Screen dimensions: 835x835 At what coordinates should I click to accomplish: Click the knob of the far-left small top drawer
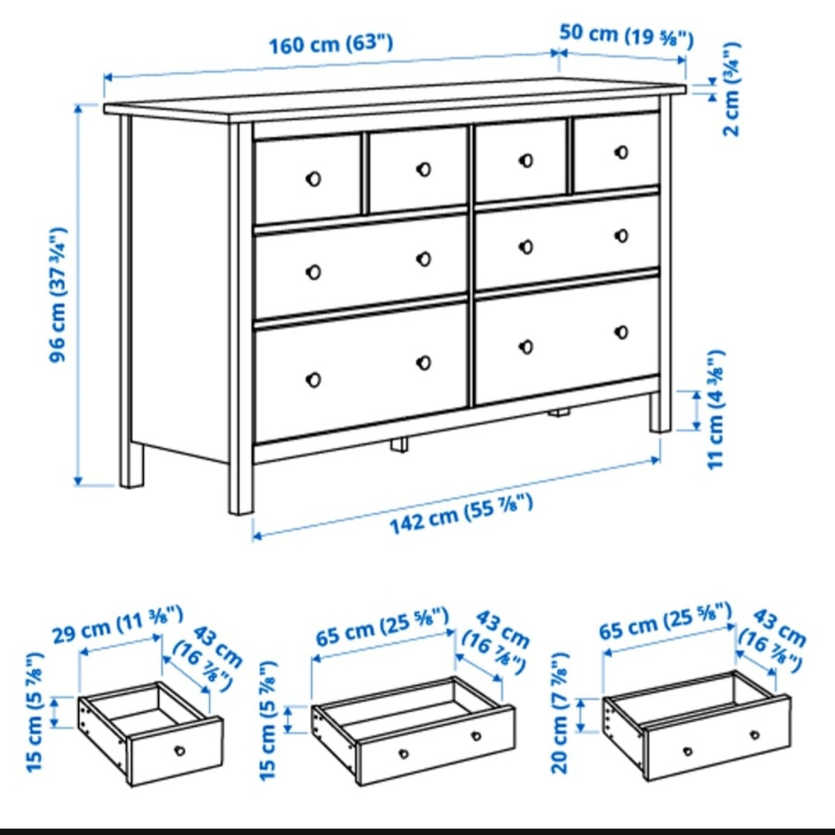click(x=313, y=179)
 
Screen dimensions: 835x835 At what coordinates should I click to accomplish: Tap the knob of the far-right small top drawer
click(x=621, y=152)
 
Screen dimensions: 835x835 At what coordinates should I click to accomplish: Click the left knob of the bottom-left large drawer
click(x=313, y=379)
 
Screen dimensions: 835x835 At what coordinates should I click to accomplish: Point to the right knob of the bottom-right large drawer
click(x=621, y=332)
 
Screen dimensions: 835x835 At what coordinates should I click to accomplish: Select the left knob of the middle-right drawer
click(x=526, y=247)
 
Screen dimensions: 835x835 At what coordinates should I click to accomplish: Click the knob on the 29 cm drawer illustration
click(x=180, y=750)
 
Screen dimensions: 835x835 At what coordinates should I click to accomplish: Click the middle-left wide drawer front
click(x=360, y=265)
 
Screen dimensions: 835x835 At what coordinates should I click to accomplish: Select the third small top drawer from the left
click(x=520, y=160)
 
